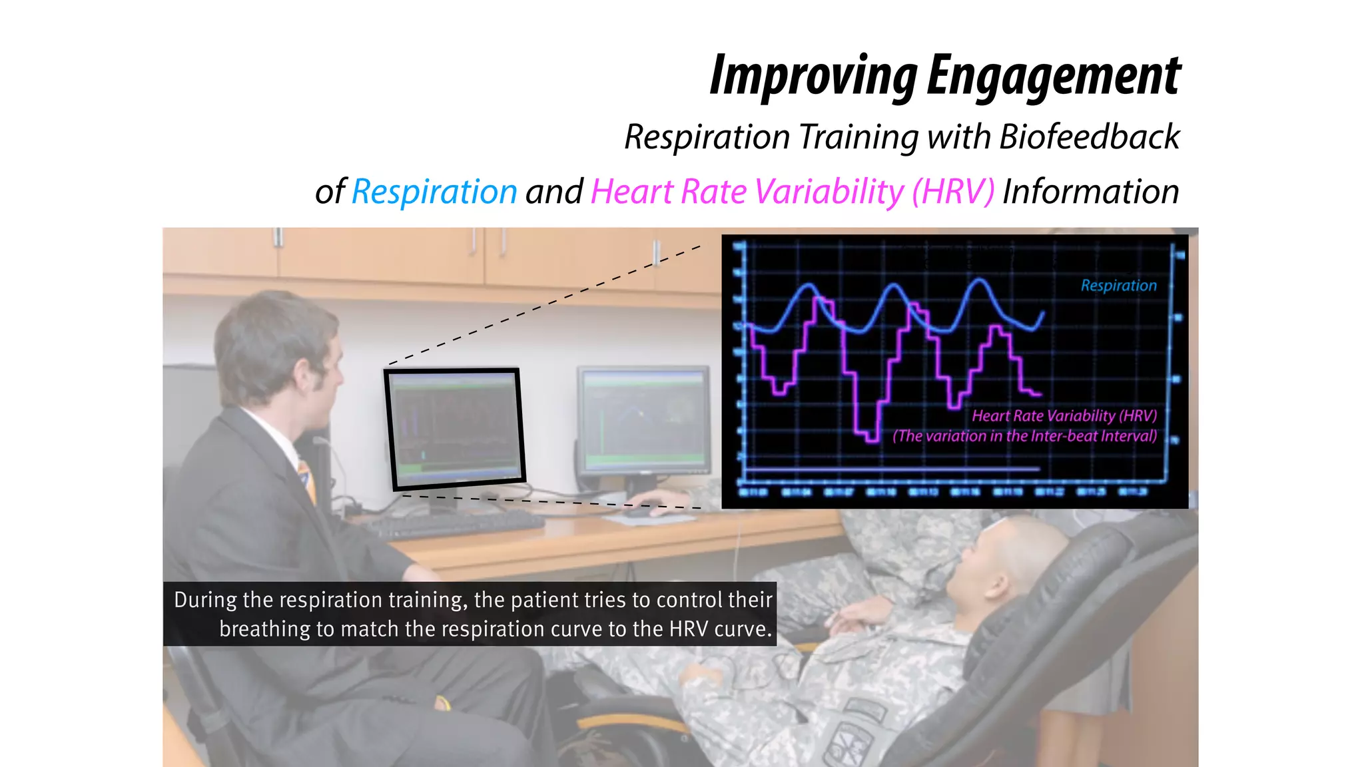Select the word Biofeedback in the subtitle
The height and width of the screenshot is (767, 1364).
(1089, 137)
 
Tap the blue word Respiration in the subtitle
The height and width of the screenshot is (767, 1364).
(434, 192)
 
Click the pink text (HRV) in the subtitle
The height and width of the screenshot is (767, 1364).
(953, 192)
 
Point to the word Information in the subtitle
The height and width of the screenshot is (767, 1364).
(1090, 192)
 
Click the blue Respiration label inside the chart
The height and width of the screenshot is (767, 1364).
(1118, 286)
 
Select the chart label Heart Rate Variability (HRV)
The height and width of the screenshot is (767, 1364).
(1064, 416)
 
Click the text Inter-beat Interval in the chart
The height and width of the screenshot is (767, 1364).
(1093, 437)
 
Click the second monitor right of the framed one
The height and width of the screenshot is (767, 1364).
(644, 419)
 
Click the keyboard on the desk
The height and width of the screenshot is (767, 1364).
(453, 525)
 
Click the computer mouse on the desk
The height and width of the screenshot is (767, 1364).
(638, 511)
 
